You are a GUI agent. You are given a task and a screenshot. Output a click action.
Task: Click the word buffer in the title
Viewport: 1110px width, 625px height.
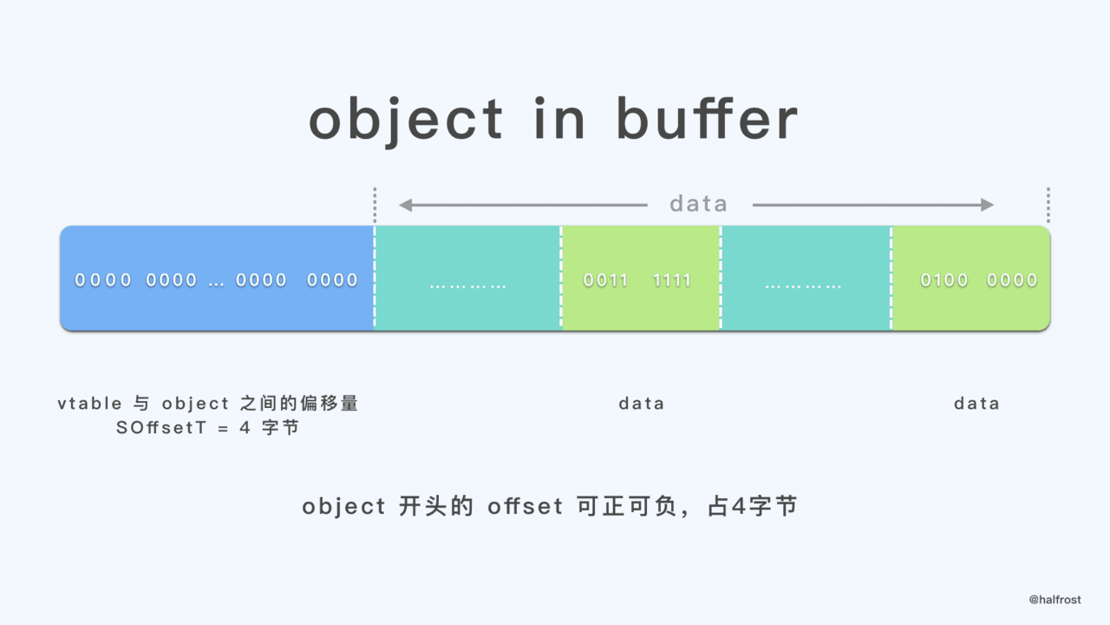click(x=707, y=120)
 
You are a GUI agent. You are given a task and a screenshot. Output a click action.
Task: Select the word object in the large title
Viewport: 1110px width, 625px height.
click(x=406, y=122)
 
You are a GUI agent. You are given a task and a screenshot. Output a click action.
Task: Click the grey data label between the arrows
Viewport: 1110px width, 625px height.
click(x=699, y=204)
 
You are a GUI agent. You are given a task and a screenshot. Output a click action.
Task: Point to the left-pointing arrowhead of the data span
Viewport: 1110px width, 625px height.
click(x=405, y=205)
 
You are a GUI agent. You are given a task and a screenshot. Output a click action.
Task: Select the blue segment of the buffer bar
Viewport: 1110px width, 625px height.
click(x=217, y=278)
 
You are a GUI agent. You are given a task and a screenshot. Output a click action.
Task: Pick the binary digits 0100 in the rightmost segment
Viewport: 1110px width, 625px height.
click(x=944, y=280)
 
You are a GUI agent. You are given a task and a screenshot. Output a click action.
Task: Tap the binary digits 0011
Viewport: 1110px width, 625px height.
click(x=606, y=280)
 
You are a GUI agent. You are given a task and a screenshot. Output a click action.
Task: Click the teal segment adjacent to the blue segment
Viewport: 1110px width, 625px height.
click(x=468, y=278)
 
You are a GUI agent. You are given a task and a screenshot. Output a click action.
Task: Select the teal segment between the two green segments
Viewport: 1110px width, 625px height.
click(x=805, y=278)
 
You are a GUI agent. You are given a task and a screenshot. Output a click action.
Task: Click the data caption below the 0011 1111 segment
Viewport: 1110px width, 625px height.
click(x=642, y=404)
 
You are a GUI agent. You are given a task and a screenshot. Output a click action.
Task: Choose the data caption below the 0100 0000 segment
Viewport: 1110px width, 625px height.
click(x=976, y=404)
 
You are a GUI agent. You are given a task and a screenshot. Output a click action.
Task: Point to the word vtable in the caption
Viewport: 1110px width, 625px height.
click(x=89, y=404)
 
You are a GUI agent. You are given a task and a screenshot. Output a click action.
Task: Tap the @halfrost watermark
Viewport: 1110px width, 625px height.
click(x=1054, y=600)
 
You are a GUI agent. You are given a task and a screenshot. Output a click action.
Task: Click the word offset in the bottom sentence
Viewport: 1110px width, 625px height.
click(x=526, y=507)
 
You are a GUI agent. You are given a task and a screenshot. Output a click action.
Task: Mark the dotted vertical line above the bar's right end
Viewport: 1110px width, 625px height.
click(x=1048, y=205)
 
